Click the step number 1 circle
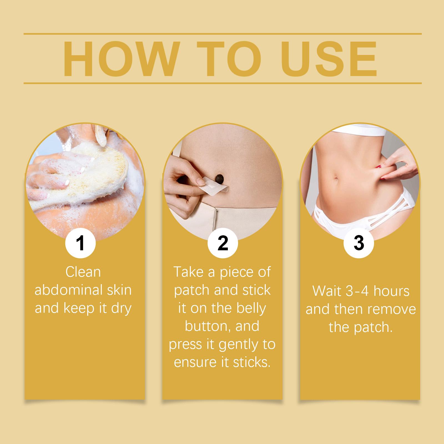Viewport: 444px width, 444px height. [x=80, y=243]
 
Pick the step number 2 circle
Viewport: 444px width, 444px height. [x=223, y=243]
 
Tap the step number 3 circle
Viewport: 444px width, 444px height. [x=359, y=243]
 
